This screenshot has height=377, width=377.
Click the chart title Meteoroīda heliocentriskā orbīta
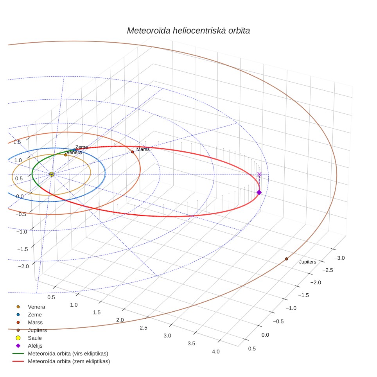pyautogui.click(x=188, y=31)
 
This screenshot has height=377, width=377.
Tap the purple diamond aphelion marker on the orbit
pyautogui.click(x=259, y=192)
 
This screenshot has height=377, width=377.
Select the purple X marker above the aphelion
pyautogui.click(x=259, y=174)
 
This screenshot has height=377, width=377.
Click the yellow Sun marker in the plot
pyautogui.click(x=52, y=174)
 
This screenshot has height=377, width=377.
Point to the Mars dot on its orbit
pyautogui.click(x=132, y=152)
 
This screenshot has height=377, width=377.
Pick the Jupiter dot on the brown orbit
pyautogui.click(x=286, y=259)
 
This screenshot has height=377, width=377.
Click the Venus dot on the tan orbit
pyautogui.click(x=66, y=155)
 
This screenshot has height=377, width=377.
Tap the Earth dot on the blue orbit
pyautogui.click(x=74, y=150)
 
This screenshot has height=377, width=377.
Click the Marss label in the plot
pyautogui.click(x=143, y=149)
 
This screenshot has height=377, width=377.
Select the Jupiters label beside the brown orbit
pyautogui.click(x=307, y=262)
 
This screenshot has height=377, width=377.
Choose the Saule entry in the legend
pyautogui.click(x=35, y=338)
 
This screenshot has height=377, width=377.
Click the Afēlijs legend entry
pyautogui.click(x=35, y=346)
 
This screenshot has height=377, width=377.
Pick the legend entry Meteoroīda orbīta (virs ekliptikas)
pyautogui.click(x=68, y=354)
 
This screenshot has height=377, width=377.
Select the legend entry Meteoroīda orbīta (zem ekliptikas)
pyautogui.click(x=69, y=361)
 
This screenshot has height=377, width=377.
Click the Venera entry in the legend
pyautogui.click(x=36, y=307)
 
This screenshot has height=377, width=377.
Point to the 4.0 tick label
pyautogui.click(x=215, y=352)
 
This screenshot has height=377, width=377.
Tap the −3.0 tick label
pyautogui.click(x=339, y=258)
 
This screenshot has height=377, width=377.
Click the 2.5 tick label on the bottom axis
pyautogui.click(x=144, y=328)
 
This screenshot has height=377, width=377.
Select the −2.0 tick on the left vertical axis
pyautogui.click(x=23, y=266)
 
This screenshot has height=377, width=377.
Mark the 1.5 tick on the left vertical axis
pyautogui.click(x=17, y=142)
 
